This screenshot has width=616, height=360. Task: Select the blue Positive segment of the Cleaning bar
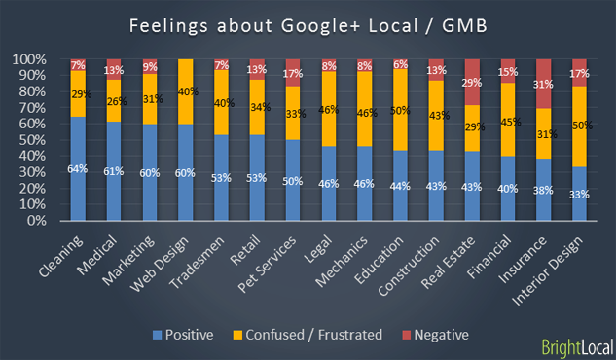(78, 168)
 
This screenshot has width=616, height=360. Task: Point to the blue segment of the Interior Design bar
(579, 194)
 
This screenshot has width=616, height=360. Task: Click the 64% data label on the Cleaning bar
(78, 168)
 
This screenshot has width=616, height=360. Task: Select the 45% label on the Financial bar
(506, 123)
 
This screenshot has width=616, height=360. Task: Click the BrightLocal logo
(575, 345)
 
